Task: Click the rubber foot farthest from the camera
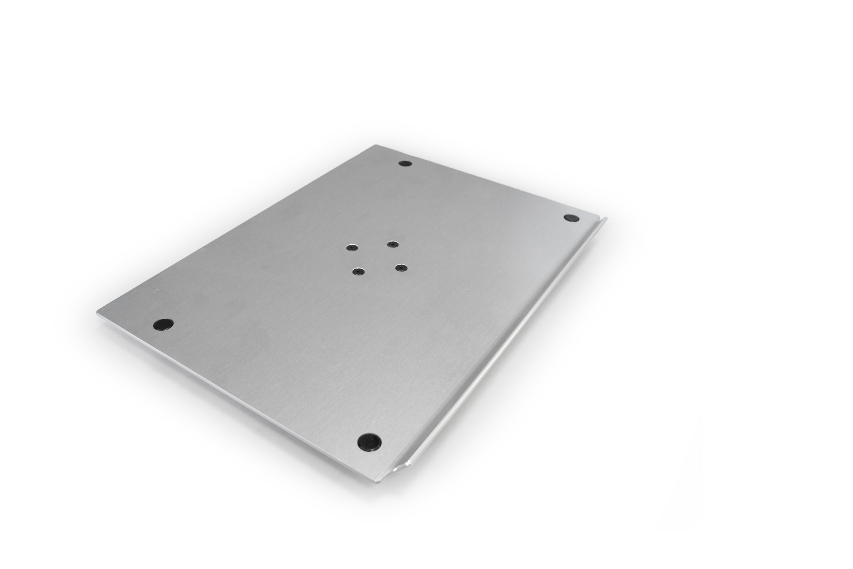405,163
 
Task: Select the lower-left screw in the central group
357,272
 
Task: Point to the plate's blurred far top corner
376,145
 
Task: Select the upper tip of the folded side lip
605,218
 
